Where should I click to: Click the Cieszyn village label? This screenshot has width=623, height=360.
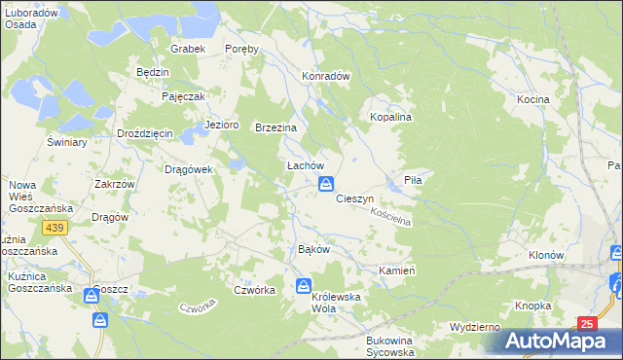(355, 198)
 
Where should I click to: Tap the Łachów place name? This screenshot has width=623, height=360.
(304, 165)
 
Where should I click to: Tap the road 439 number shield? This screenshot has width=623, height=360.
(55, 227)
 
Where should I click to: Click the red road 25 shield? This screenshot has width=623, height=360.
(585, 323)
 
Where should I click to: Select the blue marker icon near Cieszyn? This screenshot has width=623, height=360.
(329, 183)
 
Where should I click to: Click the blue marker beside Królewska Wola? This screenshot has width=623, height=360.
(304, 287)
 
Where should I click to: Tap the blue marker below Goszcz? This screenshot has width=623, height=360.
(99, 320)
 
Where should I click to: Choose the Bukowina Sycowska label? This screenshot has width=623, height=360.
(390, 346)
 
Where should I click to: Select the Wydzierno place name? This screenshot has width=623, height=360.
(476, 327)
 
